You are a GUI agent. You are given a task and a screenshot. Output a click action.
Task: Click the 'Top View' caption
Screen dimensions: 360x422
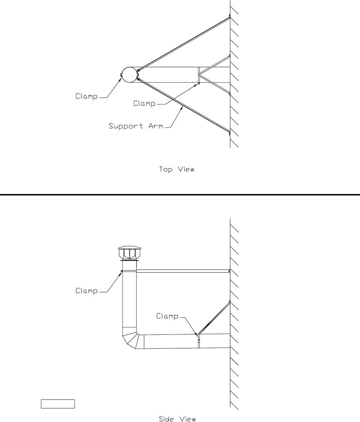177,169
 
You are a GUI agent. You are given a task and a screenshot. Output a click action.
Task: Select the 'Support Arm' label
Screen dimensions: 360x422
136,126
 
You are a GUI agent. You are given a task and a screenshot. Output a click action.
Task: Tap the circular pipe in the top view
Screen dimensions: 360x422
129,75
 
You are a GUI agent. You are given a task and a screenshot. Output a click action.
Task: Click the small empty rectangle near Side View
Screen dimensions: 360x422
57,404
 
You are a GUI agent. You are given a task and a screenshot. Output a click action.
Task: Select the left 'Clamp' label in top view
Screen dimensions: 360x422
87,96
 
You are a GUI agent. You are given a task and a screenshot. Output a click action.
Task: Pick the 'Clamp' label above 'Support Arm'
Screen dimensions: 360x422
144,104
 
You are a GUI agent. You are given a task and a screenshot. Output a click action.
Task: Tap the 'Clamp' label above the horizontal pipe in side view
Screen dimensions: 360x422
167,316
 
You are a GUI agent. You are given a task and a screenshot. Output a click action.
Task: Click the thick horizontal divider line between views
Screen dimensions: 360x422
180,195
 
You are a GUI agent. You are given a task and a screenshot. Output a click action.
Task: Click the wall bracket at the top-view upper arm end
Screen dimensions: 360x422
229,16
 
